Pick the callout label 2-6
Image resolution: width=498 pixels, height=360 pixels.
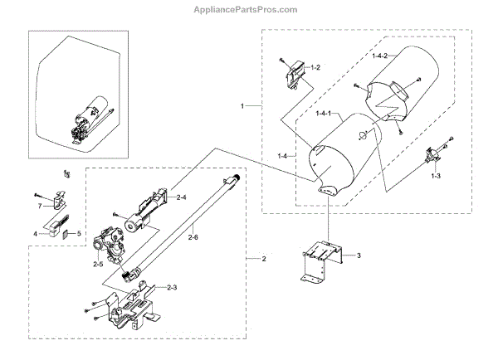[x=192, y=238]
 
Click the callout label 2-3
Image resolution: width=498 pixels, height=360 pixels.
[x=173, y=287]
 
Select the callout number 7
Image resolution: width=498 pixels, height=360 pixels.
[x=38, y=205]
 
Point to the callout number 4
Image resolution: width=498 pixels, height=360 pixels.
[x=35, y=234]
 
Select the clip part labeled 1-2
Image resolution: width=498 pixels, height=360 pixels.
[x=293, y=76]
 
